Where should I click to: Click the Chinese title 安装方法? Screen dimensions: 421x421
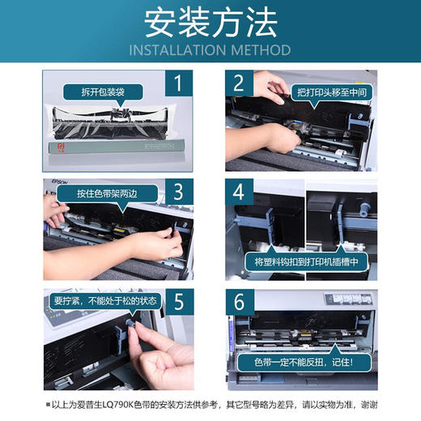210,25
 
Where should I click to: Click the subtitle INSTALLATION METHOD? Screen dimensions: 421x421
210,50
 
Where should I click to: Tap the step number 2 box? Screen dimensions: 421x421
240,83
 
